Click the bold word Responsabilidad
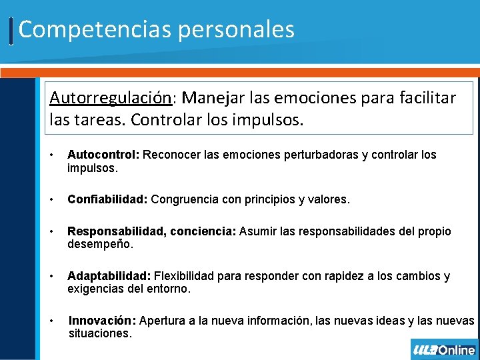coord(117,231)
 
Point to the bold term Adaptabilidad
coord(109,276)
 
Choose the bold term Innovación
coord(102,321)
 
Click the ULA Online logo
coord(444,350)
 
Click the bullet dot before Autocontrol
coord(53,155)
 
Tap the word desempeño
coord(100,245)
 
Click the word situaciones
coord(100,333)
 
